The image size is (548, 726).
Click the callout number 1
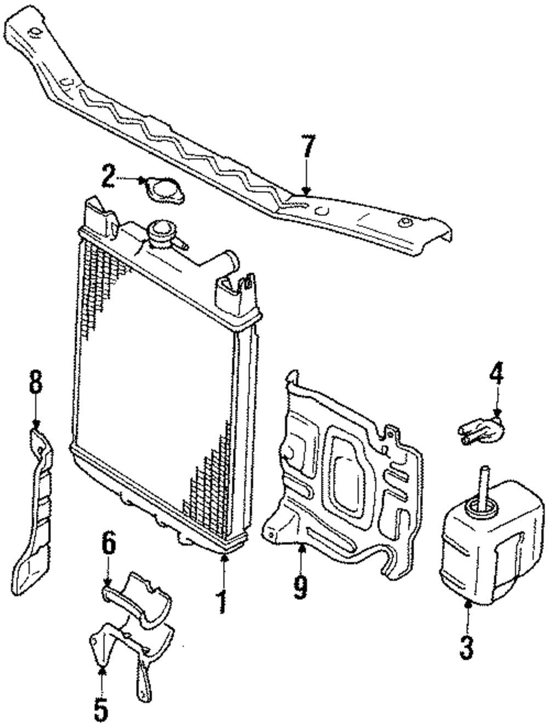coord(222,601)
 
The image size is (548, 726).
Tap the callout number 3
coord(466,647)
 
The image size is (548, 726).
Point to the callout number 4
coord(496,376)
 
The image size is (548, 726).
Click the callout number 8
coord(36,382)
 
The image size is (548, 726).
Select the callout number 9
coord(300,586)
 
